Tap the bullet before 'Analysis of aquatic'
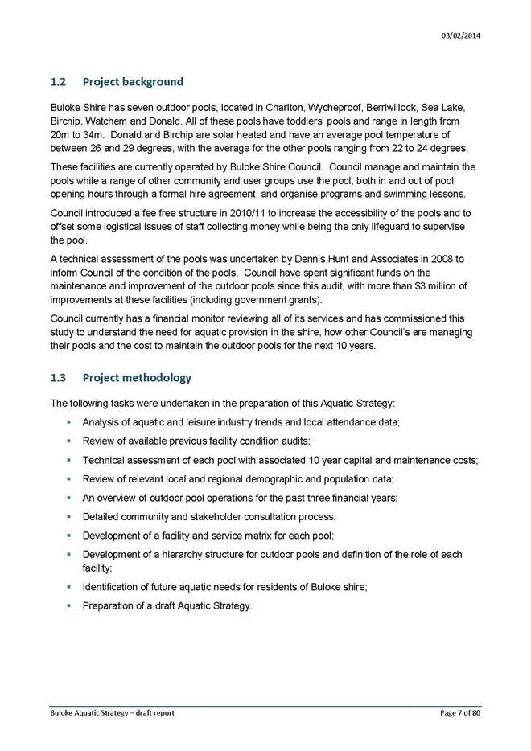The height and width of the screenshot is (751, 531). point(70,421)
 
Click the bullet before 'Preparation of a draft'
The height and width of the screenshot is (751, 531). point(70,606)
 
